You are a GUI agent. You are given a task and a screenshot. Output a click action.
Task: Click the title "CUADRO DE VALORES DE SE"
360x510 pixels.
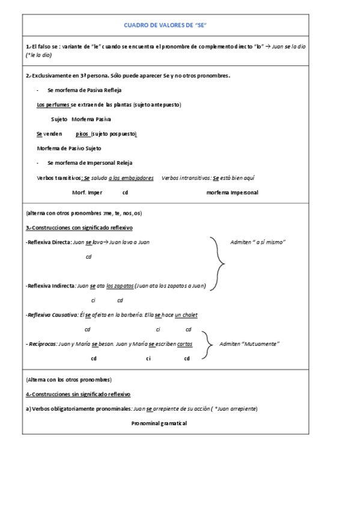(x=165, y=25)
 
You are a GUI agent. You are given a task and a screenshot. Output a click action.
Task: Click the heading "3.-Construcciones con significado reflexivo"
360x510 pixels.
(x=79, y=228)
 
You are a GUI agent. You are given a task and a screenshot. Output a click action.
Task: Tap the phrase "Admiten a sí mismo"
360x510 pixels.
(x=258, y=242)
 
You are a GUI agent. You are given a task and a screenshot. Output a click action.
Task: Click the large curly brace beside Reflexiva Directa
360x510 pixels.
(x=218, y=263)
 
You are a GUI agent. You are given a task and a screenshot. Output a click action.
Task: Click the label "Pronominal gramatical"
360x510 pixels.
(x=159, y=423)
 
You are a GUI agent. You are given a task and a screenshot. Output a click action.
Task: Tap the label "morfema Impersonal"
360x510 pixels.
(x=232, y=192)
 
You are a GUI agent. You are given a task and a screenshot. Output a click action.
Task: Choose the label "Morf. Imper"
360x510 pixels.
(x=87, y=192)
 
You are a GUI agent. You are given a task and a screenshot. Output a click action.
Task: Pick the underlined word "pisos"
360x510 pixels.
(x=82, y=134)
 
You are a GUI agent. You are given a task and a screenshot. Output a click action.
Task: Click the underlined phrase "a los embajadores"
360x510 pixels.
(x=131, y=178)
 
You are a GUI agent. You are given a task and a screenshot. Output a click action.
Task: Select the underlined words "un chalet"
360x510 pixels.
(x=186, y=315)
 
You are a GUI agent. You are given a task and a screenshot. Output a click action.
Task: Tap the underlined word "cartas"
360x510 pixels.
(x=185, y=343)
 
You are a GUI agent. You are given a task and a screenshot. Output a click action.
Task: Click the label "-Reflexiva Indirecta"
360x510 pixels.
(x=50, y=286)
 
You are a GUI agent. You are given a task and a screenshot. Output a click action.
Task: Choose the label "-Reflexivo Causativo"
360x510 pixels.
(x=52, y=315)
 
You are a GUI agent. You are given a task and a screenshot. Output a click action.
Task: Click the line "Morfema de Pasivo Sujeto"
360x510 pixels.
(x=69, y=148)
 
